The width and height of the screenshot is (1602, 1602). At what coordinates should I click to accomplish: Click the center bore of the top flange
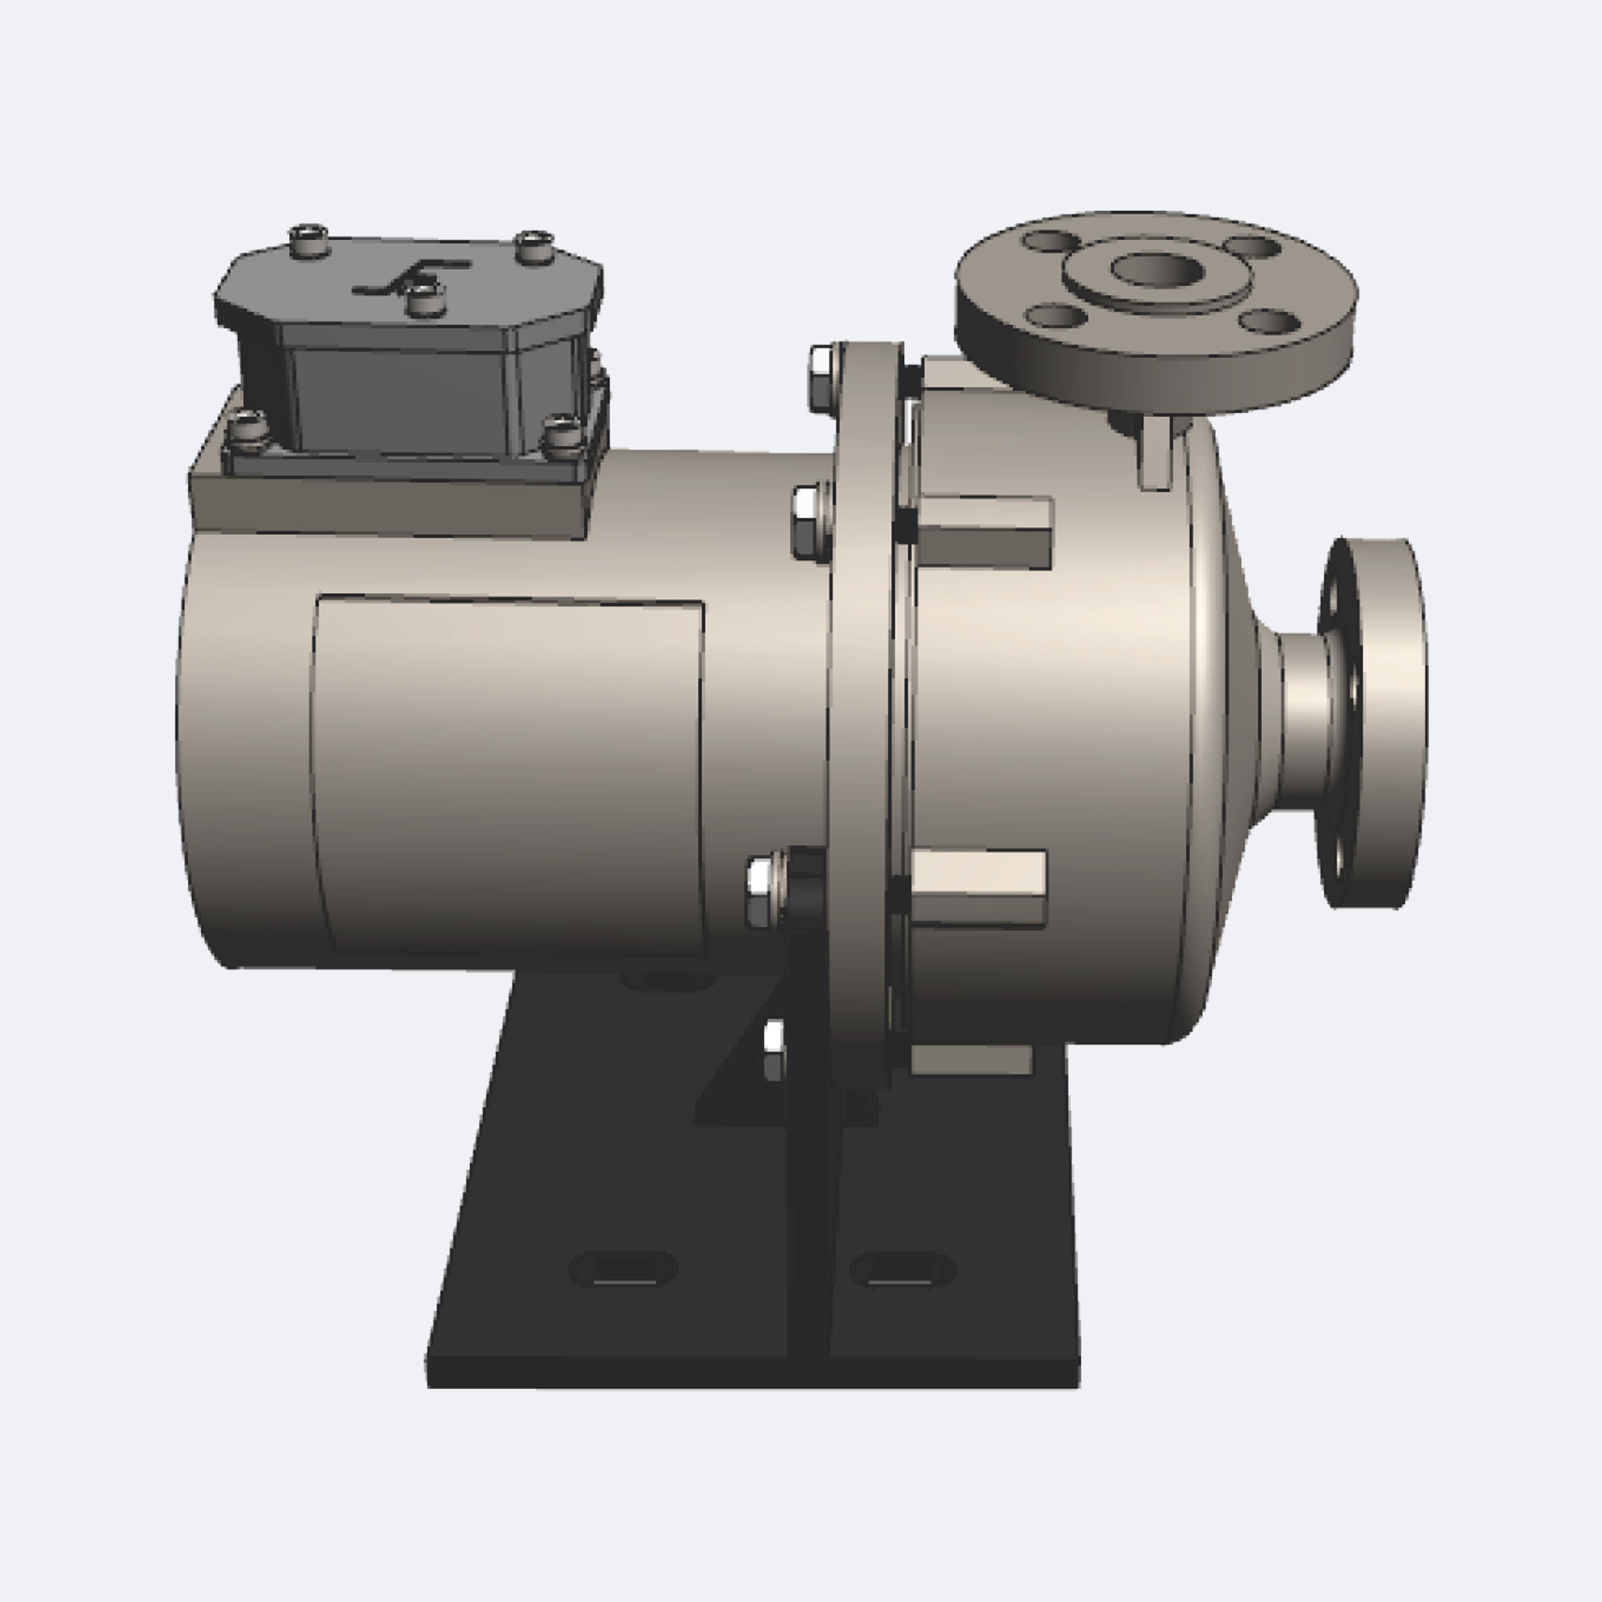(x=1157, y=269)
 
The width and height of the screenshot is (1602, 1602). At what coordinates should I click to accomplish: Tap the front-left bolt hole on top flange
(x=1055, y=315)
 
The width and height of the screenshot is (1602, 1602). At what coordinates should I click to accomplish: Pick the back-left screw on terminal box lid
(x=309, y=240)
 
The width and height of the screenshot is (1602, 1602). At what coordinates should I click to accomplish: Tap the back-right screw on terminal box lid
(x=534, y=246)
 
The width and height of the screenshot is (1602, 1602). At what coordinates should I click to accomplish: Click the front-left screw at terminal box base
(x=247, y=429)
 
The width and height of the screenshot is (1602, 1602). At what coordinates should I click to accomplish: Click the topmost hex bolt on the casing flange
(x=821, y=380)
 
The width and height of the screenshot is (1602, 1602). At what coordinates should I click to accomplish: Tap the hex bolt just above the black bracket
(x=762, y=892)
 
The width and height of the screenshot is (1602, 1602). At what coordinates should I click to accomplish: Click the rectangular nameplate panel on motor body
(x=508, y=775)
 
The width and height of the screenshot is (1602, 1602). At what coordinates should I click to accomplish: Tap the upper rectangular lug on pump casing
(x=985, y=532)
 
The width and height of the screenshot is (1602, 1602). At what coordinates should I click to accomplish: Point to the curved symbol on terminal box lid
(x=411, y=278)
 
